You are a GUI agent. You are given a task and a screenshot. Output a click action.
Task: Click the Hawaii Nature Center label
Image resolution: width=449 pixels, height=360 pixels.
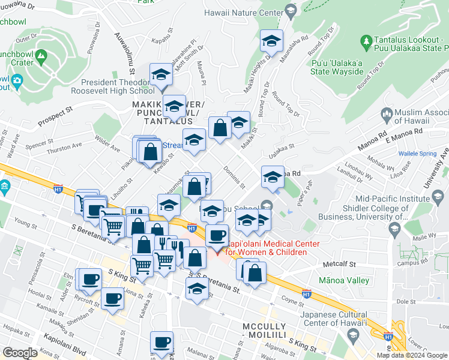pyautogui.click(x=243, y=11)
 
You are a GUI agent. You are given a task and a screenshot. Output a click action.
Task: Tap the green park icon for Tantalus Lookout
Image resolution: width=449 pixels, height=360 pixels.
pyautogui.click(x=366, y=41)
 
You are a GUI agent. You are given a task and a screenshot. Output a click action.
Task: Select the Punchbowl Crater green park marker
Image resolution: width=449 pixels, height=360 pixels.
pyautogui.click(x=41, y=58)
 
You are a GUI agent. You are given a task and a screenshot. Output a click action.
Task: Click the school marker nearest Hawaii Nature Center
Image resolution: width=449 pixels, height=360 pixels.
pyautogui.click(x=271, y=42)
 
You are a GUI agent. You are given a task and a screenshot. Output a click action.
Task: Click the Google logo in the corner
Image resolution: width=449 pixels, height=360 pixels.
pyautogui.click(x=20, y=353)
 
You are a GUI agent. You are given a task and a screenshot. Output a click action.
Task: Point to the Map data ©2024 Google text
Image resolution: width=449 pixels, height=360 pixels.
pyautogui.click(x=412, y=355)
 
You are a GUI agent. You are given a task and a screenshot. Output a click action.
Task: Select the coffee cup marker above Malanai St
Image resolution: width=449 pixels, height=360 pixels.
pyautogui.click(x=161, y=343)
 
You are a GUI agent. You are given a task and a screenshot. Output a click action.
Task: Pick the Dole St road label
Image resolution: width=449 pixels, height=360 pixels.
pyautogui.click(x=406, y=302)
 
